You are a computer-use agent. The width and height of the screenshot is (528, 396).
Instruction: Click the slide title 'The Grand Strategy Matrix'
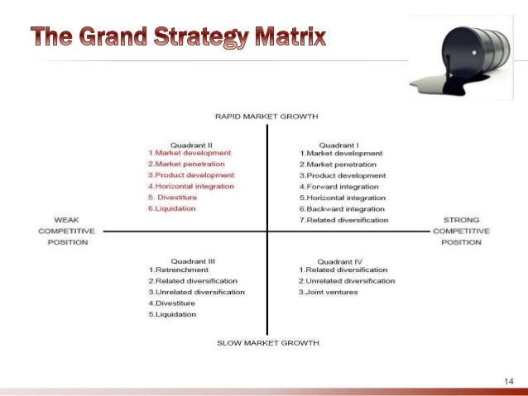coord(178,37)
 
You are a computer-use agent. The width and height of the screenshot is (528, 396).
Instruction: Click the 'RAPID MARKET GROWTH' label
coord(266,117)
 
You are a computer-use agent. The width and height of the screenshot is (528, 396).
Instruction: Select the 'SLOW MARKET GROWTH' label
coord(266,342)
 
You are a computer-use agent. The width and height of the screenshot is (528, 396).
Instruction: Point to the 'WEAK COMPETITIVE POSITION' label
coord(67,231)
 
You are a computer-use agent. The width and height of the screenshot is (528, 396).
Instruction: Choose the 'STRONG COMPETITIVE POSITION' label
coord(461,231)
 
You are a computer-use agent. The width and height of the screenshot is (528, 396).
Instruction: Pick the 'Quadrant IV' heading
coord(339,260)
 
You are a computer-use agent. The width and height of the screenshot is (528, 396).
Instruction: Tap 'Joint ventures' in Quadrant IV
coord(331,292)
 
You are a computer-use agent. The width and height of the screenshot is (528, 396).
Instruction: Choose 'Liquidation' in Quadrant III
coord(175,314)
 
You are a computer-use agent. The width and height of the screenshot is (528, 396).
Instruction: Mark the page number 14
coord(508,380)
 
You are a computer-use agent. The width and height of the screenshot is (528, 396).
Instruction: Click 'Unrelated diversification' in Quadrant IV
coord(348,281)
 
